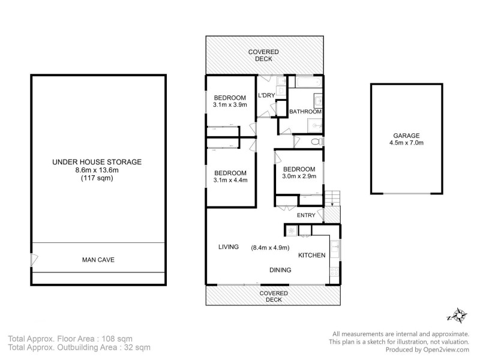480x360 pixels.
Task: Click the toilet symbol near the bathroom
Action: click(317, 142)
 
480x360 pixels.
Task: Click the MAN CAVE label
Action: click(98, 260)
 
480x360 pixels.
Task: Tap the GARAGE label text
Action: click(406, 136)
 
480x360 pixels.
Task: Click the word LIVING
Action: click(229, 247)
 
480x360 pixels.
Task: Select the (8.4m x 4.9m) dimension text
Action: click(270, 247)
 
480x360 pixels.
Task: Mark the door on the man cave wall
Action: click(35, 260)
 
